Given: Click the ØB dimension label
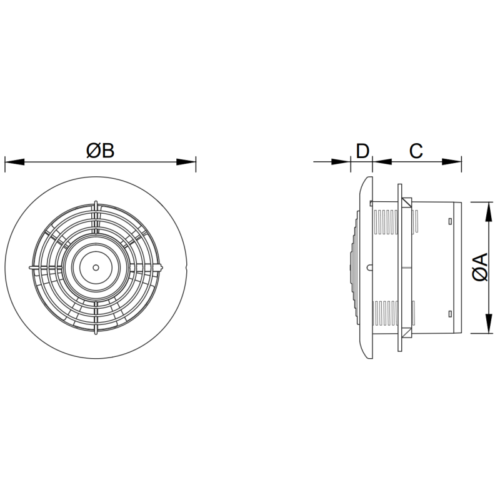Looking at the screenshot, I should pyautogui.click(x=100, y=151).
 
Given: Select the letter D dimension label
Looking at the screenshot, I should pyautogui.click(x=362, y=151).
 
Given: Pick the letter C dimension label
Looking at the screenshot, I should pyautogui.click(x=416, y=151).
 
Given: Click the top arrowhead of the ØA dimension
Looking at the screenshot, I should pyautogui.click(x=487, y=206).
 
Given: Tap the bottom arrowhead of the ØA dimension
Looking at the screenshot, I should pyautogui.click(x=487, y=329).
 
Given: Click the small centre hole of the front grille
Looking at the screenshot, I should pyautogui.click(x=95, y=267).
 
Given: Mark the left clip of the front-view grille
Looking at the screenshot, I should pyautogui.click(x=31, y=267).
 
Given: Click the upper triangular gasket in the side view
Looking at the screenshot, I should pyautogui.click(x=407, y=204).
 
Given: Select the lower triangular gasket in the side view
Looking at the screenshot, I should pyautogui.click(x=407, y=332).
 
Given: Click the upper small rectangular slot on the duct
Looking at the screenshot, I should pyautogui.click(x=450, y=221).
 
